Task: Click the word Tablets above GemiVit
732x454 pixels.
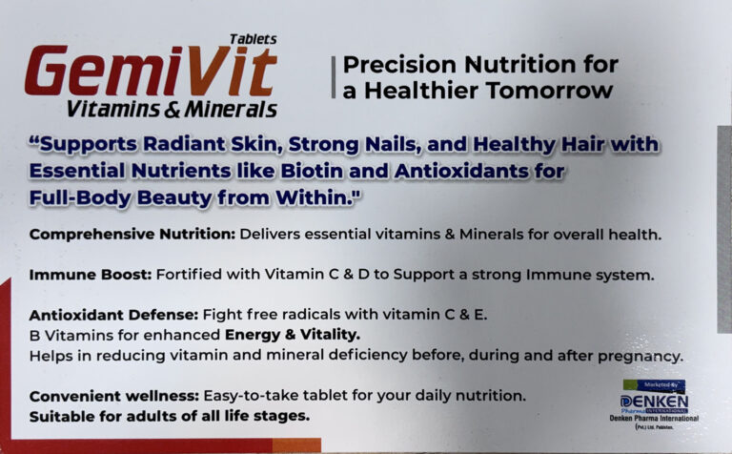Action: pyautogui.click(x=253, y=39)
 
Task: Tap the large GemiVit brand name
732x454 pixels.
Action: pyautogui.click(x=152, y=71)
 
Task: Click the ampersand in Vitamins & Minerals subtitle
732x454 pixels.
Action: pyautogui.click(x=172, y=110)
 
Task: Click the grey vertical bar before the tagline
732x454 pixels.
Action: pyautogui.click(x=334, y=77)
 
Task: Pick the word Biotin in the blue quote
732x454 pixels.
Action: pyautogui.click(x=312, y=171)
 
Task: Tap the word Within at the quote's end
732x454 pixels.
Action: pyautogui.click(x=315, y=197)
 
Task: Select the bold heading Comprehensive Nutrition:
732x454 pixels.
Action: pyautogui.click(x=132, y=234)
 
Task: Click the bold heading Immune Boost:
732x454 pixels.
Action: pyautogui.click(x=91, y=275)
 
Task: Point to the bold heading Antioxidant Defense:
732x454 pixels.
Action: pyautogui.click(x=114, y=315)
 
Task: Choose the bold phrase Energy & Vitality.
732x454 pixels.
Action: pyautogui.click(x=293, y=335)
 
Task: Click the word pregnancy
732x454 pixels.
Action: pyautogui.click(x=640, y=357)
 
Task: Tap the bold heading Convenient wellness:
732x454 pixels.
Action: pyautogui.click(x=114, y=396)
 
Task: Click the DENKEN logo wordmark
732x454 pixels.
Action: pyautogui.click(x=655, y=402)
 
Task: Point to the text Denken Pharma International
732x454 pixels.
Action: pyautogui.click(x=654, y=418)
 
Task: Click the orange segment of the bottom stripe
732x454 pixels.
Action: pyautogui.click(x=296, y=445)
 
